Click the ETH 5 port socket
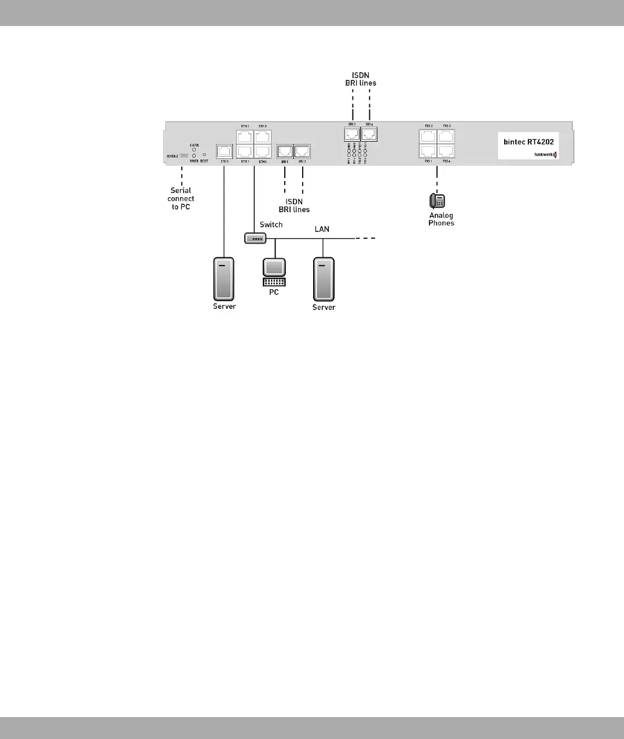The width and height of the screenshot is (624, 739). pyautogui.click(x=224, y=152)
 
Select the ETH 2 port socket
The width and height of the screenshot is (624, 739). pyautogui.click(x=245, y=138)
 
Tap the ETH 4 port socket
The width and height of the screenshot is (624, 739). pyautogui.click(x=262, y=151)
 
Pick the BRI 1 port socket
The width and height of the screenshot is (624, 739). pyautogui.click(x=285, y=152)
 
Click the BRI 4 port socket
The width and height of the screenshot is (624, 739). pyautogui.click(x=369, y=134)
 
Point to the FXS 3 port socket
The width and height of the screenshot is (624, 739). pyautogui.click(x=446, y=137)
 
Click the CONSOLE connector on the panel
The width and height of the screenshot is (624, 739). pyautogui.click(x=183, y=156)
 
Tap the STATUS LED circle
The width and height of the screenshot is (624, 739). pyautogui.click(x=194, y=149)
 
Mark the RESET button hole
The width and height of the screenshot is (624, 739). pyautogui.click(x=204, y=155)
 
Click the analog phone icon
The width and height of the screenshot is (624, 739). pyautogui.click(x=437, y=201)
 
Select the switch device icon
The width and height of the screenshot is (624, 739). pyautogui.click(x=255, y=238)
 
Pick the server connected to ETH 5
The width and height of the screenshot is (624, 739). pyautogui.click(x=224, y=279)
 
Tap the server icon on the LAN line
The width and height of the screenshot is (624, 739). pyautogui.click(x=324, y=280)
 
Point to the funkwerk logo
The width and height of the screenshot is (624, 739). pyautogui.click(x=545, y=154)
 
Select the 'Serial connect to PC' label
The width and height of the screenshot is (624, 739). pyautogui.click(x=181, y=198)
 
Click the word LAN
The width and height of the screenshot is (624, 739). pyautogui.click(x=322, y=229)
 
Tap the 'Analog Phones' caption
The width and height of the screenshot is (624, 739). pyautogui.click(x=441, y=219)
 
